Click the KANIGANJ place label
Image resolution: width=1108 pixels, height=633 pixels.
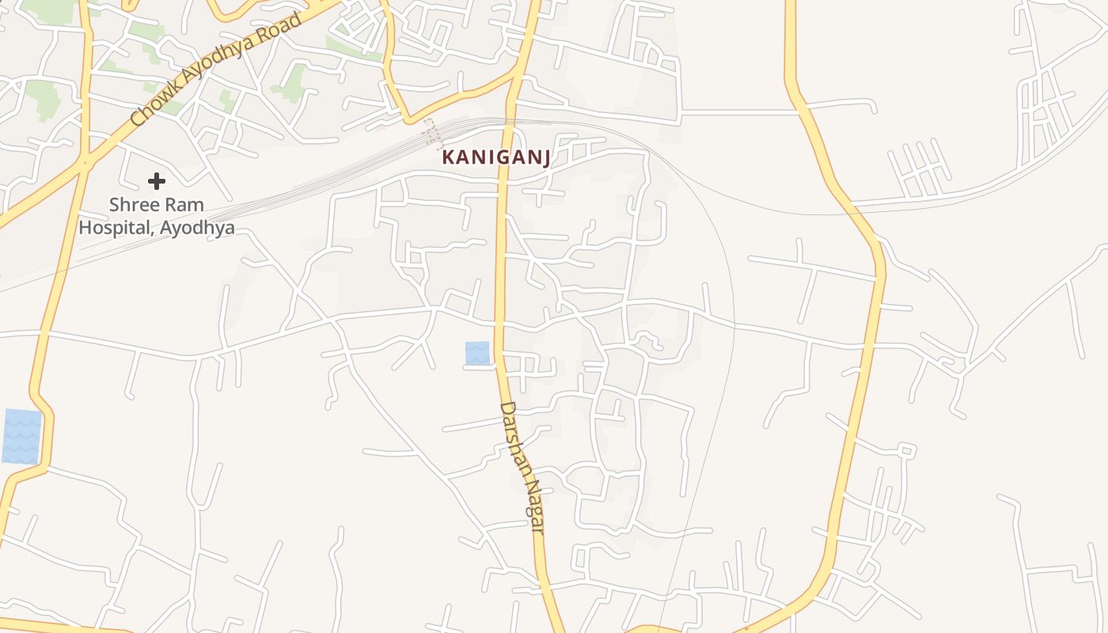tap(495, 157)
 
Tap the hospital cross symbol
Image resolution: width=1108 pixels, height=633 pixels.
tap(157, 181)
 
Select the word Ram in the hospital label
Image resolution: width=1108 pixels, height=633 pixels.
tap(185, 205)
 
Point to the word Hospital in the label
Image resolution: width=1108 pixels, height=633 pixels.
tap(116, 228)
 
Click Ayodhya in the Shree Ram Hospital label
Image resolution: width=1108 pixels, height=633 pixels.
tap(198, 229)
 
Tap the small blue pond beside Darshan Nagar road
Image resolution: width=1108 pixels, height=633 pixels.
tap(477, 353)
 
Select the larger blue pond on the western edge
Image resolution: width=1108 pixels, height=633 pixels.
tap(21, 436)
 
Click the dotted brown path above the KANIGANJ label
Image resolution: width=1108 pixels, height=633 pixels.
tap(431, 132)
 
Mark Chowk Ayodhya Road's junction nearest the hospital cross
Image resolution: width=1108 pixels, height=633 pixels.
tap(85, 163)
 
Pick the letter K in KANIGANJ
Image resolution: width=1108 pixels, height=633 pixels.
tap(448, 157)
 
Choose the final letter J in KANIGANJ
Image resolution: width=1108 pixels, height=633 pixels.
tap(545, 157)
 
